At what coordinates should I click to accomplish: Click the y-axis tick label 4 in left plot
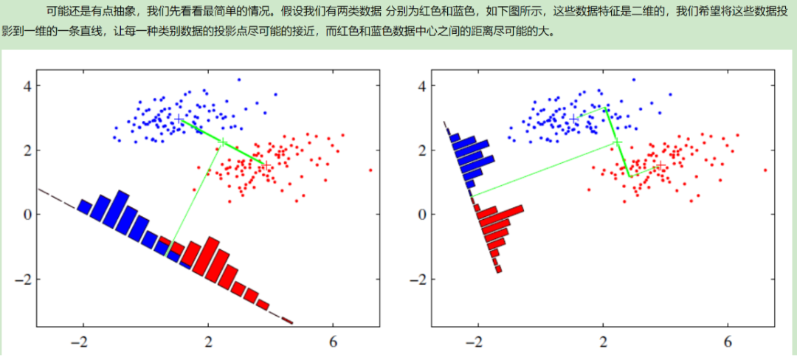(x=25, y=86)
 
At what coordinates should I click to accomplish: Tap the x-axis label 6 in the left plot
(x=334, y=342)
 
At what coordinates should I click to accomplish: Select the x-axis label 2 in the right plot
(x=604, y=342)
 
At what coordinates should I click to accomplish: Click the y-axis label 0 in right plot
(x=420, y=214)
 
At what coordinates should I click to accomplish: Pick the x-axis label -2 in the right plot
(x=476, y=342)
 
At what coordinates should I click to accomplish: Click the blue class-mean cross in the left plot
(x=179, y=119)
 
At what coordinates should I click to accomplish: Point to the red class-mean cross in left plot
(x=266, y=165)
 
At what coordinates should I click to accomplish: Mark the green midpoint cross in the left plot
(x=222, y=142)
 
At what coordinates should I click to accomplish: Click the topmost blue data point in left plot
(x=239, y=80)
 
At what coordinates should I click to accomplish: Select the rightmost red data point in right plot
(x=765, y=170)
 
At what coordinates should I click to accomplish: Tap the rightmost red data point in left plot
(x=370, y=170)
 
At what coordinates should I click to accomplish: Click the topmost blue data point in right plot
(x=633, y=80)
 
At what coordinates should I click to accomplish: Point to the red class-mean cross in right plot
(x=660, y=165)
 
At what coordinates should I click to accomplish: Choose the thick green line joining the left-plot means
(x=222, y=142)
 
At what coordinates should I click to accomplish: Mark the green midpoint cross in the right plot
(x=616, y=142)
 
